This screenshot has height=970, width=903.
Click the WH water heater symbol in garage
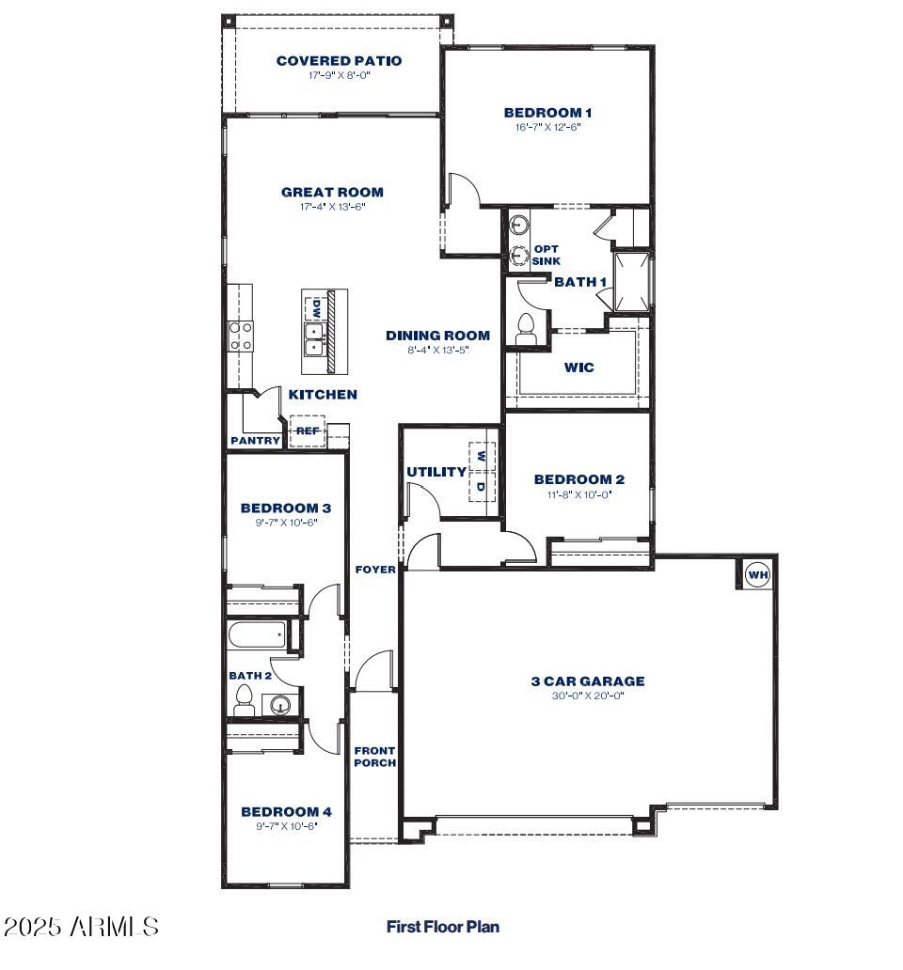pos(758,573)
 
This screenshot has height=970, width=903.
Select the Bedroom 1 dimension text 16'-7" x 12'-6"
pos(547,127)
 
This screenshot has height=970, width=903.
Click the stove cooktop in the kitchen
pos(241,336)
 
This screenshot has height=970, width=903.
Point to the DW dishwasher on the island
pos(317,307)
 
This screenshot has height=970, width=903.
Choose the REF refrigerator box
pos(307,430)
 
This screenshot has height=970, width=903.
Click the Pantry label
pos(255,440)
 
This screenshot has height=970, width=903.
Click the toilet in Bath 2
pos(245,699)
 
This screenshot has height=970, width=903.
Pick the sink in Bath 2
pos(279,705)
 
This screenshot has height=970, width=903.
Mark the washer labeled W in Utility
pos(481,456)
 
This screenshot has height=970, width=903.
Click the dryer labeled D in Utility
pos(481,487)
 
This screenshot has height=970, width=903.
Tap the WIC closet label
pos(578,368)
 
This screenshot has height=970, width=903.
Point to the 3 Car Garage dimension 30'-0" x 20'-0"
pos(587,696)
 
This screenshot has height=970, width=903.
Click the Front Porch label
pos(374,757)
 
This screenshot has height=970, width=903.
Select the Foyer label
pos(374,570)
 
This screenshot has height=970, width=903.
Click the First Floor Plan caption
pos(442,927)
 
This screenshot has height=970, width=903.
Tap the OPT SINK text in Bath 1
pos(546,255)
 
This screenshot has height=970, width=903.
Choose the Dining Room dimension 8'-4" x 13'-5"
pos(437,350)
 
